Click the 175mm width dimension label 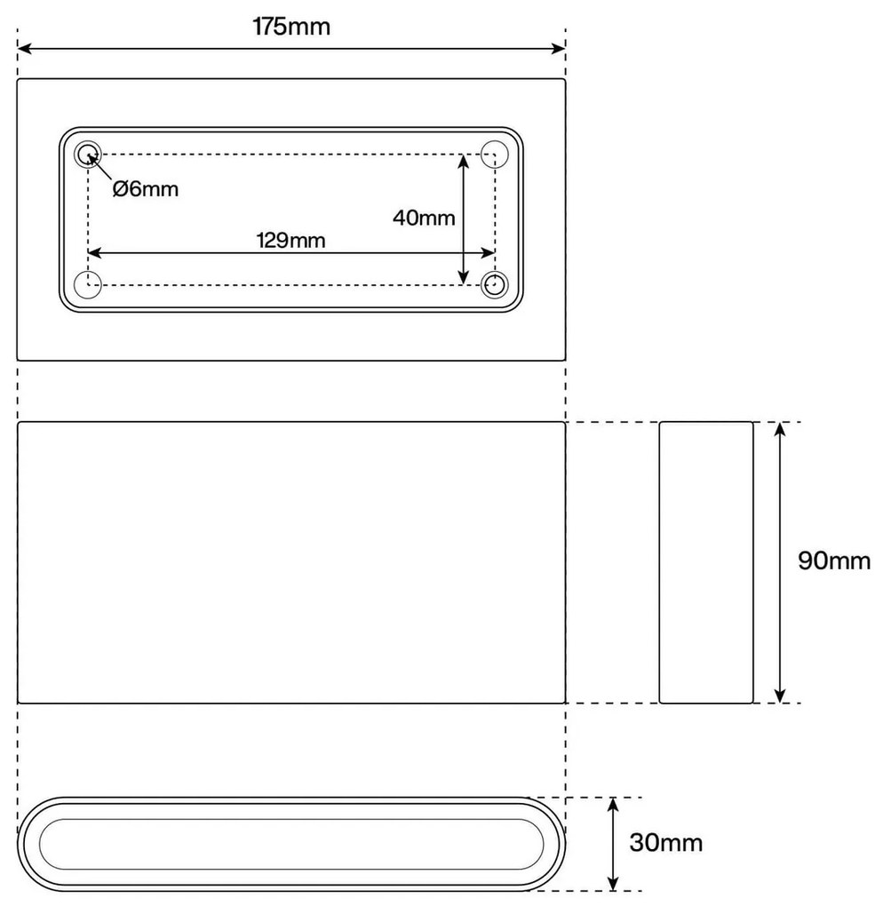291,27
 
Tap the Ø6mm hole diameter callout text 146,188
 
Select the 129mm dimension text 290,240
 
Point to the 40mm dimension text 424,217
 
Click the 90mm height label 834,561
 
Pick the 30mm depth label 666,842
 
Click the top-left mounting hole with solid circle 87,155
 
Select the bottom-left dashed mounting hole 88,285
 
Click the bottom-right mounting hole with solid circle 494,285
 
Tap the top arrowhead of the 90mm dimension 780,429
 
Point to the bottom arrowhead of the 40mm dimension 463,278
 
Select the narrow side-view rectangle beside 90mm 705,562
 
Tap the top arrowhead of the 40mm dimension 463,162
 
